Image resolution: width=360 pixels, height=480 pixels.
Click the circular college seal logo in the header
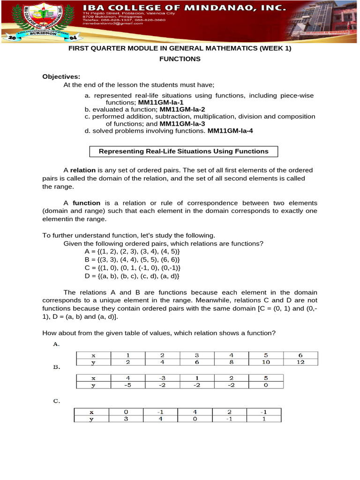pos(36,22)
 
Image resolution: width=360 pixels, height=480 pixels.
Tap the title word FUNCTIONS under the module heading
pos(180,59)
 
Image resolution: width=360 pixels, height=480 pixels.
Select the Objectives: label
pos(61,76)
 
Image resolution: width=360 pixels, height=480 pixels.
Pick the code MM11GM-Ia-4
pos(230,131)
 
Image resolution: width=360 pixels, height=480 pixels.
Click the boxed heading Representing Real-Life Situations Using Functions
pos(183,151)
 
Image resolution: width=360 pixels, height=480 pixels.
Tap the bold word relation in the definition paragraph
pos(83,170)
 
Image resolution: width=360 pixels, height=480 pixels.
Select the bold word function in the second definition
pos(86,203)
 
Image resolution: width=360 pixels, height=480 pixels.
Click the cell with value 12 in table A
pos(301,362)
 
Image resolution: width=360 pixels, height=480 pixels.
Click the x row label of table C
pos(91,412)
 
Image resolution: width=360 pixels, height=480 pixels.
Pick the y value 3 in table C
pos(126,419)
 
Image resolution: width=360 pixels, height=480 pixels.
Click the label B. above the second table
pos(57,368)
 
